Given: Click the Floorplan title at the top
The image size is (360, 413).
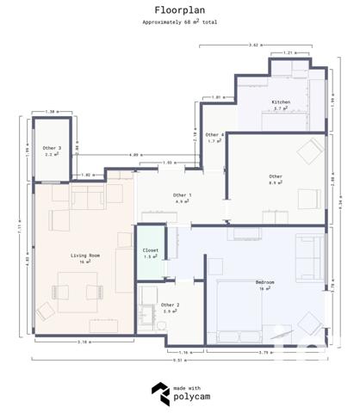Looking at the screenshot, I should pyautogui.click(x=180, y=10).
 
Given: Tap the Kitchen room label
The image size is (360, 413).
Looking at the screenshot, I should pyautogui.click(x=282, y=102).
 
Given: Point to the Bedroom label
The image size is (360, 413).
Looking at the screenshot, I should pyautogui.click(x=265, y=282).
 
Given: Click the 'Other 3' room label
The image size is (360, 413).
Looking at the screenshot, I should pyautogui.click(x=52, y=148).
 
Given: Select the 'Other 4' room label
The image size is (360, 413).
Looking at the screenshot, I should pyautogui.click(x=215, y=134).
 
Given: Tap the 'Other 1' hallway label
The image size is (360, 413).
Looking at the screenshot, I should pyautogui.click(x=182, y=195).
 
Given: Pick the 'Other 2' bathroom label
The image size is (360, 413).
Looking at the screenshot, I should pyautogui.click(x=171, y=305).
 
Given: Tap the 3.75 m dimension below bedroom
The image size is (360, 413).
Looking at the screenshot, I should pyautogui.click(x=265, y=352).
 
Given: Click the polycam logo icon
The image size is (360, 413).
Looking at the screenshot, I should pyautogui.click(x=159, y=393).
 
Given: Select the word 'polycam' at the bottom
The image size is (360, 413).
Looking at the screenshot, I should pyautogui.click(x=193, y=398).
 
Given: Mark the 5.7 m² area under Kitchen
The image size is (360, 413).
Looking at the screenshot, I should pyautogui.click(x=280, y=109).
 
